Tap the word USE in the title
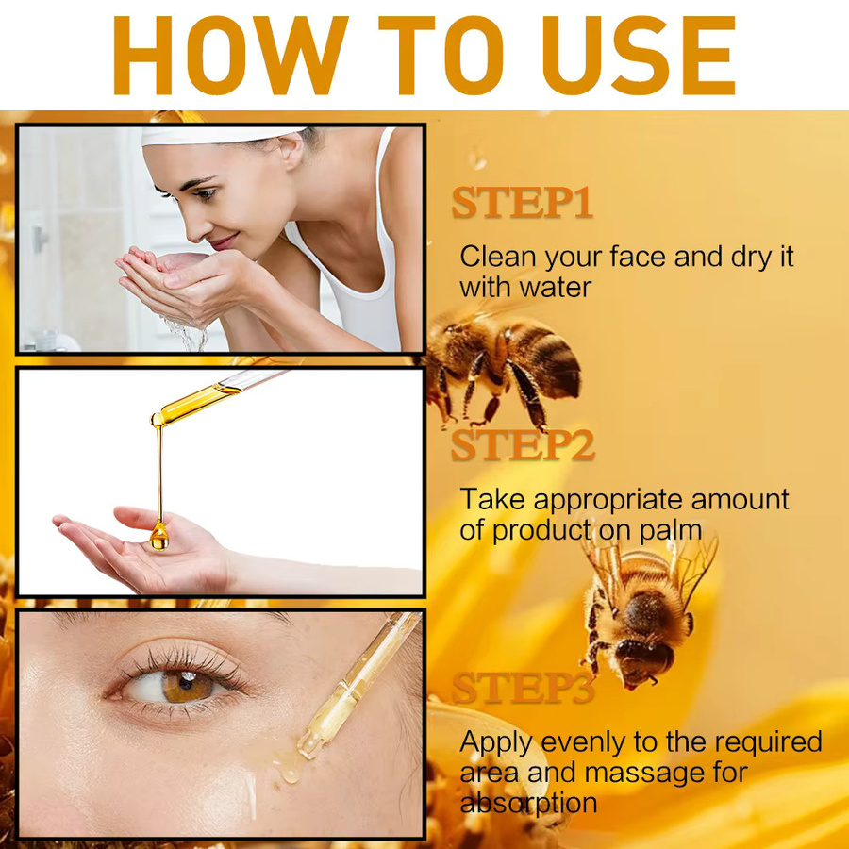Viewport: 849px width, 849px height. tap(639, 55)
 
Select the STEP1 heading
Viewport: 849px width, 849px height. tap(522, 203)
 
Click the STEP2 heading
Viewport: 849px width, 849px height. tap(523, 445)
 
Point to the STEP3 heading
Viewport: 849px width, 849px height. tap(523, 688)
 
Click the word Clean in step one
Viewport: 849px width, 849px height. tap(497, 256)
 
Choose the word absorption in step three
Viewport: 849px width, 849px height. tap(528, 803)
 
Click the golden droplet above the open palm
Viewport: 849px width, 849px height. tap(159, 536)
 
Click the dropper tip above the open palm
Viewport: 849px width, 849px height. tap(157, 419)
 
